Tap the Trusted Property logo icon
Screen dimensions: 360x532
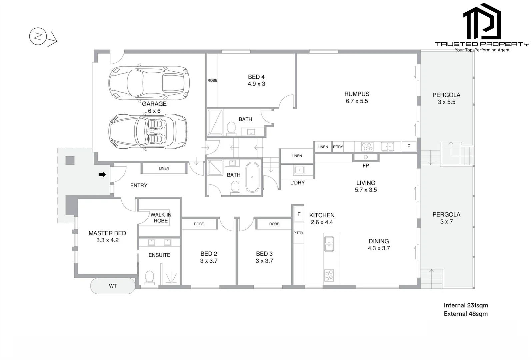[482, 22]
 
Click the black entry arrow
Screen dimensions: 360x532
[102, 174]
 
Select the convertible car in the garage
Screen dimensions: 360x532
[148, 132]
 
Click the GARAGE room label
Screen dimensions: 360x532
[154, 104]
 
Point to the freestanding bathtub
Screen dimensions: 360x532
[252, 177]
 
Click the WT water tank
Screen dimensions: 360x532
[113, 286]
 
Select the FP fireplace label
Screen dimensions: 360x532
[366, 165]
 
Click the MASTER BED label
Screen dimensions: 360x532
[107, 233]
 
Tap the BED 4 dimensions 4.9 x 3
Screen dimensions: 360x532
[256, 84]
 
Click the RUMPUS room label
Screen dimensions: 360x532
[357, 94]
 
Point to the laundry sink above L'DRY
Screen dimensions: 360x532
[299, 170]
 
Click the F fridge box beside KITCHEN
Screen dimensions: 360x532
[299, 214]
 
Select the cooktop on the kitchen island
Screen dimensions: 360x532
[329, 275]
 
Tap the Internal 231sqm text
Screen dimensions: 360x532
[466, 305]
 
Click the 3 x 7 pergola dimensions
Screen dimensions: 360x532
[446, 222]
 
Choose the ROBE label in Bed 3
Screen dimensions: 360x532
[274, 224]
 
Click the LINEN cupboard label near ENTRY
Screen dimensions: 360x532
[164, 168]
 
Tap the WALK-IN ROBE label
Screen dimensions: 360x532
[161, 218]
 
